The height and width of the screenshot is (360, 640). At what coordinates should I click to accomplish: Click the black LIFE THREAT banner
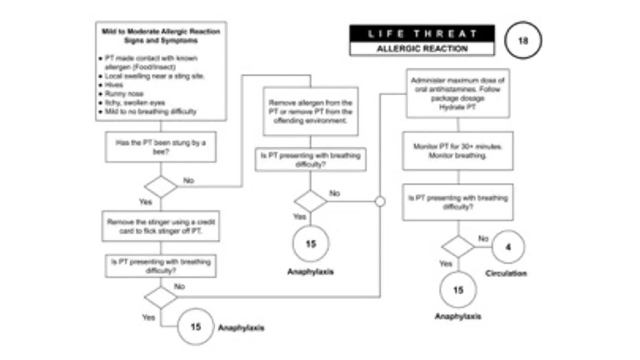(422, 34)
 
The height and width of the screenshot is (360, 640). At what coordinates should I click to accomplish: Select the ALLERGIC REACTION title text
(422, 49)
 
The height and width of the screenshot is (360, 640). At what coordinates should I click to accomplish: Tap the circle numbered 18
(523, 41)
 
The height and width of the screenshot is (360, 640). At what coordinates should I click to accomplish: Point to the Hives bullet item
(114, 85)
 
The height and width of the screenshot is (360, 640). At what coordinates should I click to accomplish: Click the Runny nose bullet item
(124, 94)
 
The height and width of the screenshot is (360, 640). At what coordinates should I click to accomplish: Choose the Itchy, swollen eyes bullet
(135, 103)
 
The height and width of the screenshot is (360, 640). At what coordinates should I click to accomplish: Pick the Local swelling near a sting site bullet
(154, 76)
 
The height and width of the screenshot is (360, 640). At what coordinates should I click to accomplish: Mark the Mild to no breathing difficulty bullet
(150, 112)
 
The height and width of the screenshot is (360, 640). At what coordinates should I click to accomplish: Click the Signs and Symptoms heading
(161, 40)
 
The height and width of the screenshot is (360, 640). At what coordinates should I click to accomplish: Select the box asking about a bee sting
(161, 147)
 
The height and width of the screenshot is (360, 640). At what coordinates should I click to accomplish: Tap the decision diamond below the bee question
(161, 187)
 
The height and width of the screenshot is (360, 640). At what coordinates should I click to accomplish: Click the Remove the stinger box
(161, 226)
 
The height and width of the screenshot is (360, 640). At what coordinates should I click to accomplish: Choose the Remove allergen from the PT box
(310, 112)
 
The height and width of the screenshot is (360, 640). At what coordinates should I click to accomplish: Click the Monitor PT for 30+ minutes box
(457, 151)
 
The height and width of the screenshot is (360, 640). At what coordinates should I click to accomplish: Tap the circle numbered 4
(508, 247)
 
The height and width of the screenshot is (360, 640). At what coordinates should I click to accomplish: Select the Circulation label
(506, 274)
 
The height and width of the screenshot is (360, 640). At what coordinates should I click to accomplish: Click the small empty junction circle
(380, 202)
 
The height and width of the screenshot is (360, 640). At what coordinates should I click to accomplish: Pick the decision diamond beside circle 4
(458, 247)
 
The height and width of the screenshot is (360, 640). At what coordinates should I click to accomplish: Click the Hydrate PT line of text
(457, 107)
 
